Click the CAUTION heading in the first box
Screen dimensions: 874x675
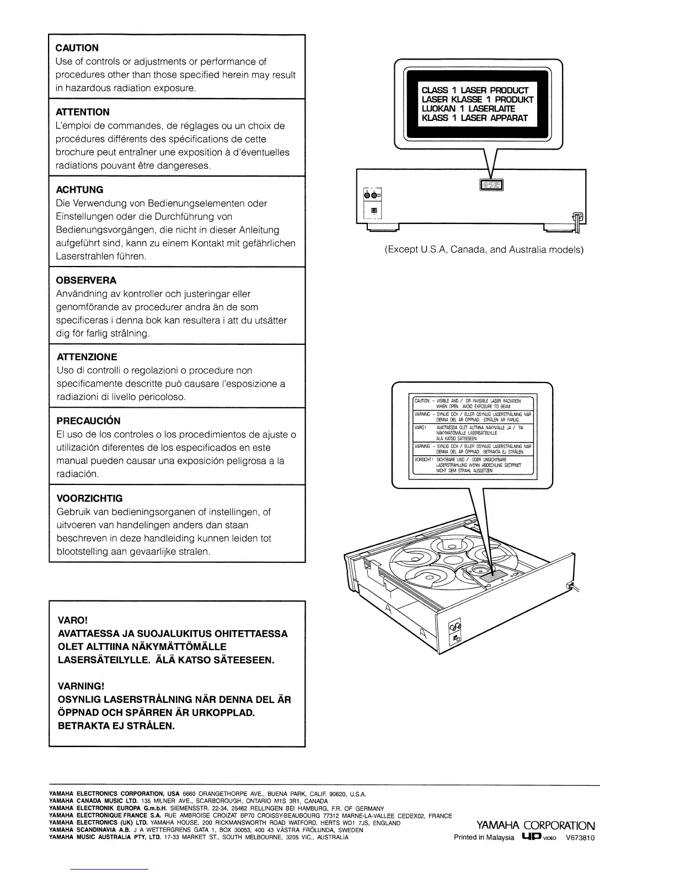coord(77,48)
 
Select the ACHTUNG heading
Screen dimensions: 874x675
coord(80,190)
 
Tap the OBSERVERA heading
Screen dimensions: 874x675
coord(87,280)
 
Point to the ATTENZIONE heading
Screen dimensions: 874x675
coord(87,357)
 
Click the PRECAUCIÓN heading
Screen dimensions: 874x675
coord(88,421)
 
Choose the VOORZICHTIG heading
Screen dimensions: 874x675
coord(90,498)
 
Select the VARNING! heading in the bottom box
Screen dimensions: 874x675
coord(81,686)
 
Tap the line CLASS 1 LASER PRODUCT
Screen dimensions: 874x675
coord(475,90)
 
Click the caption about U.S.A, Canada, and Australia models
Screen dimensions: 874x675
coord(484,249)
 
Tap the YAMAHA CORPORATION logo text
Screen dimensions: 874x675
coord(535,826)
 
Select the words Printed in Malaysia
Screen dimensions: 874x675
coord(484,838)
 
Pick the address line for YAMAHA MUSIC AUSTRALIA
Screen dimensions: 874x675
coord(199,837)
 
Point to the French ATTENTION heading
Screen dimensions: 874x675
coord(83,112)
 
